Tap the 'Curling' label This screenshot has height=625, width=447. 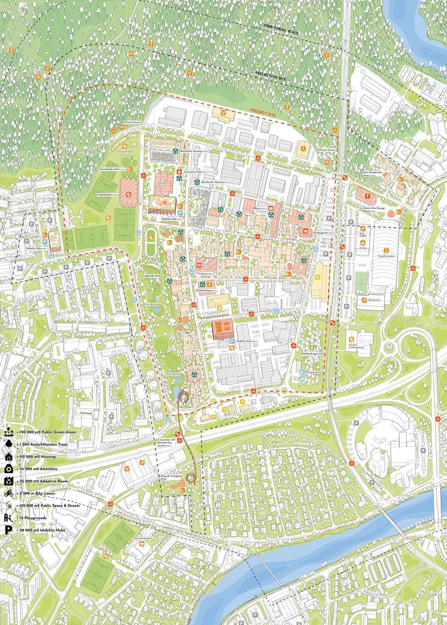click(x=362, y=247)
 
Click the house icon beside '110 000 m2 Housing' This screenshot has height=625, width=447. click(x=8, y=456)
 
